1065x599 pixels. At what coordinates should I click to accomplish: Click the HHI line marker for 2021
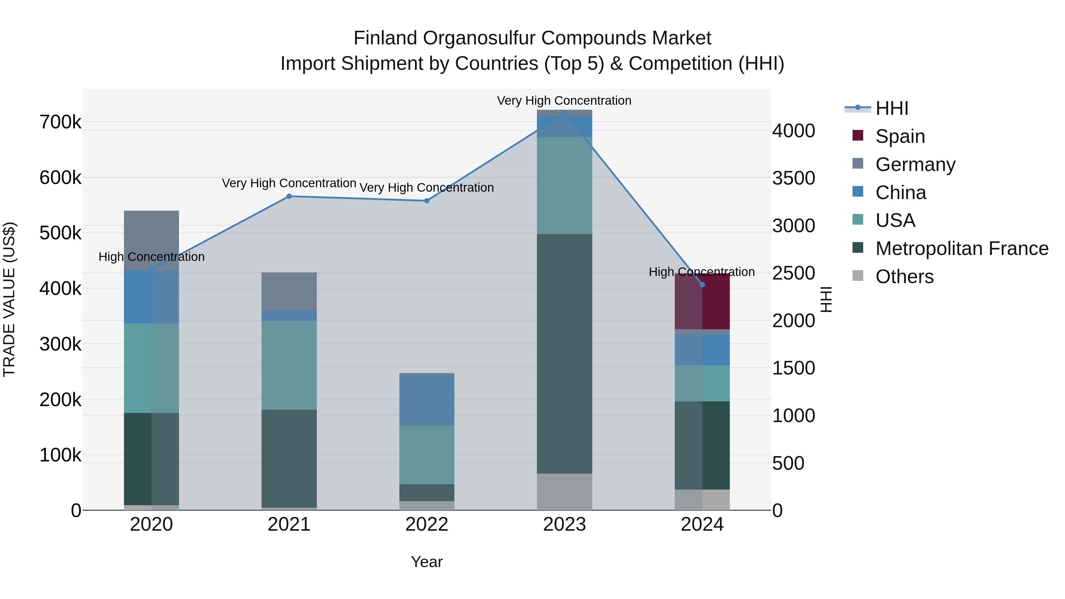coord(289,196)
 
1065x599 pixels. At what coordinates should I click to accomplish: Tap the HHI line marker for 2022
coord(427,201)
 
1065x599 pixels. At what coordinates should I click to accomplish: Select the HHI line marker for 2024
coord(702,284)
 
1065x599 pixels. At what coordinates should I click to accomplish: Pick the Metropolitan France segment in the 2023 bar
coord(564,353)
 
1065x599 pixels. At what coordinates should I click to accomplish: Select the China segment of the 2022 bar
coord(427,400)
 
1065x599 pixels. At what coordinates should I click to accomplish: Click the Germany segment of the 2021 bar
coord(289,291)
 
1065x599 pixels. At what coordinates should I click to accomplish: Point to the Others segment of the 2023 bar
coord(564,492)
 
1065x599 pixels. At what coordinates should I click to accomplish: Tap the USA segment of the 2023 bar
coord(564,185)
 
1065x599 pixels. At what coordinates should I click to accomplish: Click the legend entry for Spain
coord(900,136)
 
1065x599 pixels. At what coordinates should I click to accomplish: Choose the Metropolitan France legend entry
coord(962,248)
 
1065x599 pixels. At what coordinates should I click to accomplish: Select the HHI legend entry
coord(891,108)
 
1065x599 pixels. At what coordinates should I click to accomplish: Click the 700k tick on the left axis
coord(60,122)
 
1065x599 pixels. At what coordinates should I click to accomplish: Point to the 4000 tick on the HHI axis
coord(793,131)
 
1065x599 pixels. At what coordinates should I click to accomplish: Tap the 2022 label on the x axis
coord(427,524)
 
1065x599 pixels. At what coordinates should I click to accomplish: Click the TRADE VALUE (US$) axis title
coord(9,299)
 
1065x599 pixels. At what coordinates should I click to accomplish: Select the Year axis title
coord(427,562)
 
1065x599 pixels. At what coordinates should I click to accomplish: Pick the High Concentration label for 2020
coord(151,257)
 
